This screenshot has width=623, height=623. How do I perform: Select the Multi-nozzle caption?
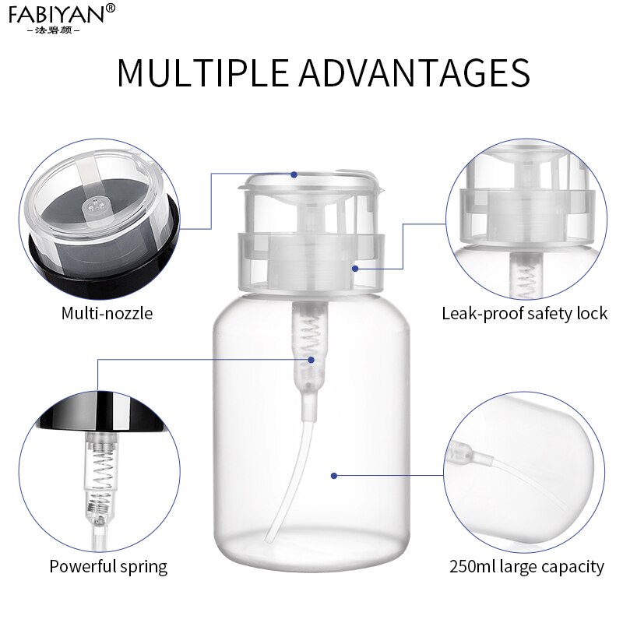(107, 314)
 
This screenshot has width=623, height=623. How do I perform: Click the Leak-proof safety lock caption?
(524, 314)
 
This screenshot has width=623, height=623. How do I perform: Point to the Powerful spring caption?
(108, 566)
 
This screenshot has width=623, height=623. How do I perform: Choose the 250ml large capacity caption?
(526, 566)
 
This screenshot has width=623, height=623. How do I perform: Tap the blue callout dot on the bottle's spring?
(311, 359)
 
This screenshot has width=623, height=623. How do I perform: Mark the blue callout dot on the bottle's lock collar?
(355, 269)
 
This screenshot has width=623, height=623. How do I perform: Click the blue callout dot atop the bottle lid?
(295, 174)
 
